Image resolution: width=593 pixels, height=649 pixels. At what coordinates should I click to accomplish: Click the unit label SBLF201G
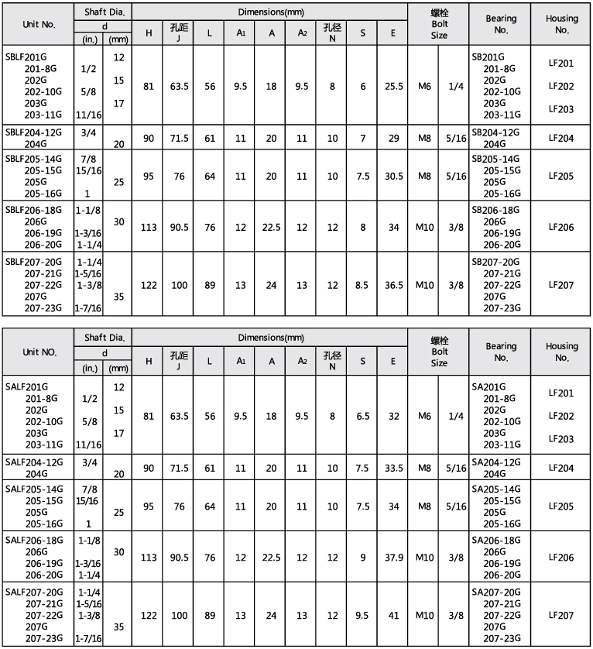click(27, 57)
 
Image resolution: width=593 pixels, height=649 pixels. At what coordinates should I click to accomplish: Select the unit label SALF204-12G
click(33, 461)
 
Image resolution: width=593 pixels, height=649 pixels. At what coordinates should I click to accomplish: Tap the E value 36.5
click(394, 285)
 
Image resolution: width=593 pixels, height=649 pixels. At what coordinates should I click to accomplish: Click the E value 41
click(394, 616)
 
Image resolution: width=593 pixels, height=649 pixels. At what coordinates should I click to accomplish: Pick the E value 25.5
click(394, 86)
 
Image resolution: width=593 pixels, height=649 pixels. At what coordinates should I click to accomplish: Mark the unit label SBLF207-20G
click(33, 262)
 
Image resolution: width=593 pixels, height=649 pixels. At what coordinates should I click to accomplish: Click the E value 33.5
click(394, 467)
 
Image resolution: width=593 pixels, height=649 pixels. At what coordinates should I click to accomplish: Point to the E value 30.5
click(394, 176)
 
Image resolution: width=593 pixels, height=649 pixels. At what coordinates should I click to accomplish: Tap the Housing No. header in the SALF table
click(561, 352)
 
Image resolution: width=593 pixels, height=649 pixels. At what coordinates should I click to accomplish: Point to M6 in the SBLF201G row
click(424, 86)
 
